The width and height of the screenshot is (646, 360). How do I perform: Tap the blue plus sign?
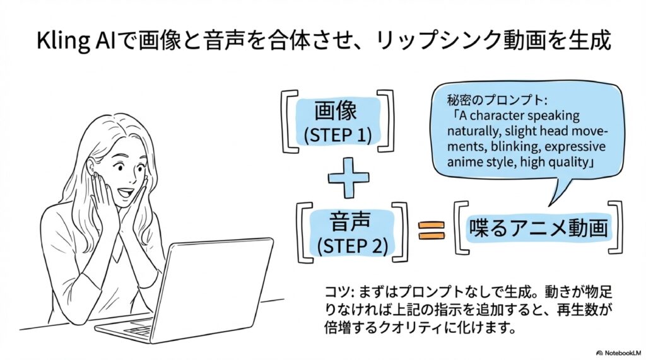coord(348,178)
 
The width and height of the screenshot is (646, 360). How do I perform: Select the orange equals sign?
coord(432,230)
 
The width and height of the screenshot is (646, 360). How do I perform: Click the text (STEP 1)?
coord(338,135)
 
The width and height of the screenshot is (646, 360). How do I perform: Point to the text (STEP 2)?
coord(352,245)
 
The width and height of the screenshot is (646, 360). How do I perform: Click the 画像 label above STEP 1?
coord(336,110)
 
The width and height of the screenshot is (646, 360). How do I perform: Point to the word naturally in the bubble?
coord(472,131)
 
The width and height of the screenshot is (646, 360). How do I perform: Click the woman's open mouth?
coord(126,192)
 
